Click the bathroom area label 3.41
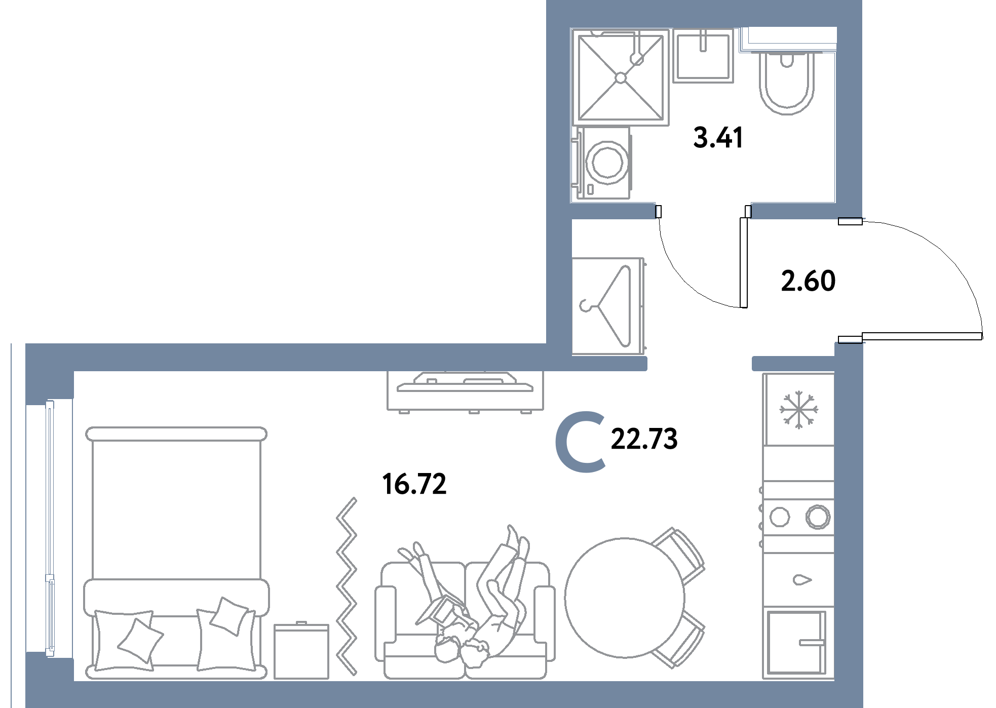click(718, 138)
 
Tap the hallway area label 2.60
click(808, 281)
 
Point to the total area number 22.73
click(644, 439)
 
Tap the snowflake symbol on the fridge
click(798, 409)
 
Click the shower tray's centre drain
click(621, 78)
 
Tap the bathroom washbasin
click(703, 55)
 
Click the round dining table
click(625, 598)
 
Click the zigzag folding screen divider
click(348, 586)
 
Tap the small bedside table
click(301, 651)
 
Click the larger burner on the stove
click(818, 517)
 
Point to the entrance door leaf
click(922, 336)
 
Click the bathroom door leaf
click(744, 262)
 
